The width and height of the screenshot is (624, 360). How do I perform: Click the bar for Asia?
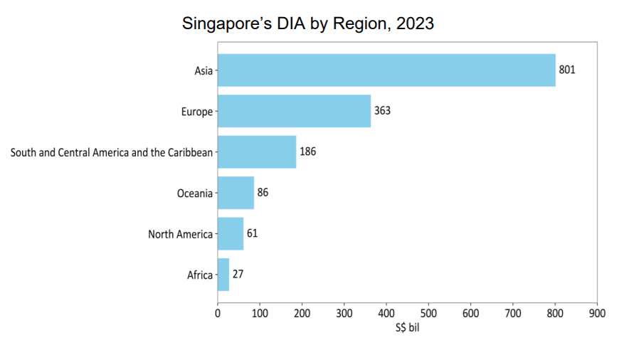pyautogui.click(x=386, y=70)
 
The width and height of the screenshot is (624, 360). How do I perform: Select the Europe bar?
pyautogui.click(x=294, y=111)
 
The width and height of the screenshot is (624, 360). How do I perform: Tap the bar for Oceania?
pyautogui.click(x=236, y=193)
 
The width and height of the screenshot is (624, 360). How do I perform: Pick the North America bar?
pyautogui.click(x=231, y=234)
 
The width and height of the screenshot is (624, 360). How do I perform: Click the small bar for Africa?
pyautogui.click(x=223, y=275)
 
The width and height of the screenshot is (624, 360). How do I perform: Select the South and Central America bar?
pyautogui.click(x=257, y=152)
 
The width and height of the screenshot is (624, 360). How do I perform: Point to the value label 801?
pyautogui.click(x=567, y=70)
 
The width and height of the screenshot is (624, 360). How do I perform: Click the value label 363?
pyautogui.click(x=382, y=110)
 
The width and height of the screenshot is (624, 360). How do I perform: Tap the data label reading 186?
pyautogui.click(x=307, y=152)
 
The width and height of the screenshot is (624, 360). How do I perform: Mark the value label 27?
pyautogui.click(x=238, y=274)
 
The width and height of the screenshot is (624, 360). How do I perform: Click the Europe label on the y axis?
pyautogui.click(x=197, y=112)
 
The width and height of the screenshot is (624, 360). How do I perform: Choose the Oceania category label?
pyautogui.click(x=195, y=194)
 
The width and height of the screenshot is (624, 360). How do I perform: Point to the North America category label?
pyautogui.click(x=180, y=234)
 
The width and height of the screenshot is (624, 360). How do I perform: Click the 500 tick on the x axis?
pyautogui.click(x=428, y=314)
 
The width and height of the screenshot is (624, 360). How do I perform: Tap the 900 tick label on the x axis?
pyautogui.click(x=598, y=314)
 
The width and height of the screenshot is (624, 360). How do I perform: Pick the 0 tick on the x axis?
pyautogui.click(x=218, y=314)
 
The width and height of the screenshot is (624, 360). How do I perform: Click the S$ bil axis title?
pyautogui.click(x=408, y=327)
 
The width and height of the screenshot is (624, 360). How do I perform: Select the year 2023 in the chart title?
pyautogui.click(x=415, y=23)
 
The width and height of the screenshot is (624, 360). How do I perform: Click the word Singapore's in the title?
pyautogui.click(x=227, y=24)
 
